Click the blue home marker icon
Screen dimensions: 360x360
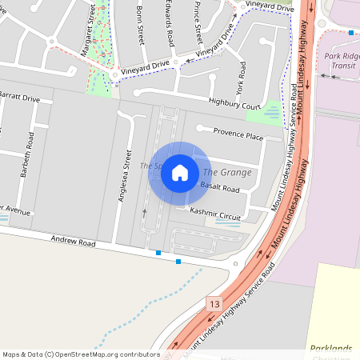pos(180,172)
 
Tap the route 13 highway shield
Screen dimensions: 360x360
pos(214,304)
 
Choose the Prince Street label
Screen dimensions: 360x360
pos(198,22)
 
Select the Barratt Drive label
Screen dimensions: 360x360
pos(20,98)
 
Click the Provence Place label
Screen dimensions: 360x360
pos(237,137)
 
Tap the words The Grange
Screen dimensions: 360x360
pos(227,172)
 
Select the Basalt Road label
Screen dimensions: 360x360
pos(219,189)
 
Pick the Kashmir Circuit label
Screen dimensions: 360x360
pos(214,216)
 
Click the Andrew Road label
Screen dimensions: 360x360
pos(73,241)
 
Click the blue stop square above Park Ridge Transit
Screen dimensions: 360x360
pos(351,33)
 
